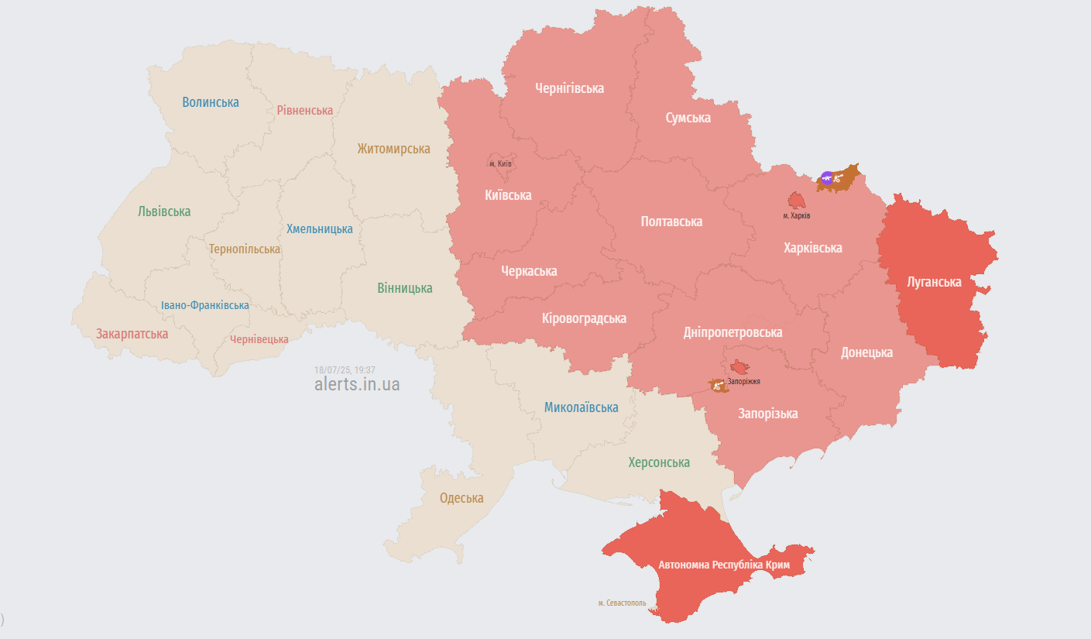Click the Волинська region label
[211, 102]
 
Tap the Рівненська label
[305, 110]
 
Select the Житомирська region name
[393, 149]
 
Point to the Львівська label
[164, 211]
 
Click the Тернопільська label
[245, 249]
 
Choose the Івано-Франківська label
[205, 305]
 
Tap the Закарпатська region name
[132, 334]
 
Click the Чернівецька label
[259, 339]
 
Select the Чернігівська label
[569, 88]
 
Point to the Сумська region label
[688, 118]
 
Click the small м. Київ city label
[500, 163]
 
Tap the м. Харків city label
[796, 215]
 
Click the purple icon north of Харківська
[827, 178]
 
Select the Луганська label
[934, 282]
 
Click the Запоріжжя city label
[743, 381]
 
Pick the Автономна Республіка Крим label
[724, 565]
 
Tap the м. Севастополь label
[622, 603]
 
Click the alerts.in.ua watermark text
[357, 384]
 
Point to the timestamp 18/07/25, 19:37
[345, 370]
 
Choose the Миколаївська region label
[581, 407]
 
